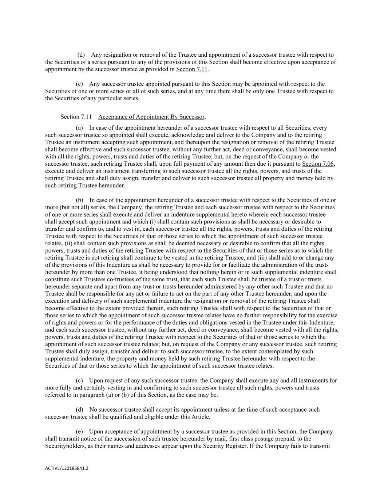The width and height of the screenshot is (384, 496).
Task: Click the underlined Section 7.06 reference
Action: tap(318, 164)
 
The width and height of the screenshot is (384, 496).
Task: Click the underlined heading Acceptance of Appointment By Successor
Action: tap(151, 117)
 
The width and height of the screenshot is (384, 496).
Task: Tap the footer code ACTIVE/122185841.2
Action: tap(67, 468)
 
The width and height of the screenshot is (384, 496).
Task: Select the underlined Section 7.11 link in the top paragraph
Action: tap(191, 69)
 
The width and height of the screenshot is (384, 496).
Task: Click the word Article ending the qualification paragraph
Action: tap(200, 417)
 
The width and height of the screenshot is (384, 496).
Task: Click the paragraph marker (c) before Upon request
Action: tap(80, 380)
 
